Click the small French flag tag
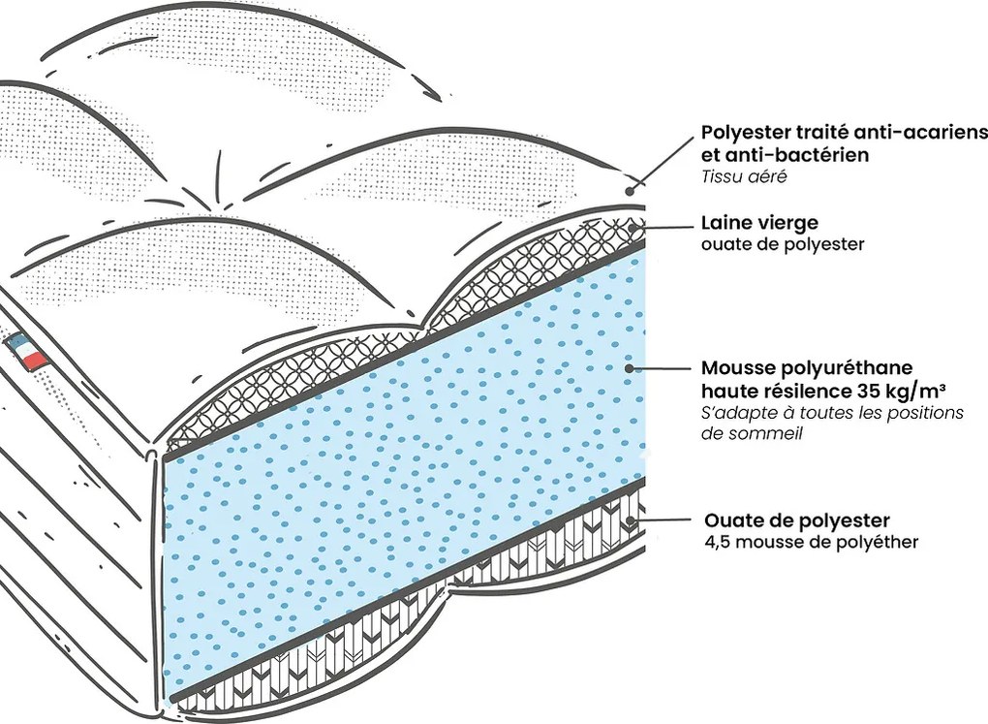click(28, 350)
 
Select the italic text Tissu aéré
click(740, 176)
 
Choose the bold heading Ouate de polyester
click(797, 521)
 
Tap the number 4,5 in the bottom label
click(718, 542)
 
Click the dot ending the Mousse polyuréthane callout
click(630, 369)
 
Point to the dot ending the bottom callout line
click(631, 521)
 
